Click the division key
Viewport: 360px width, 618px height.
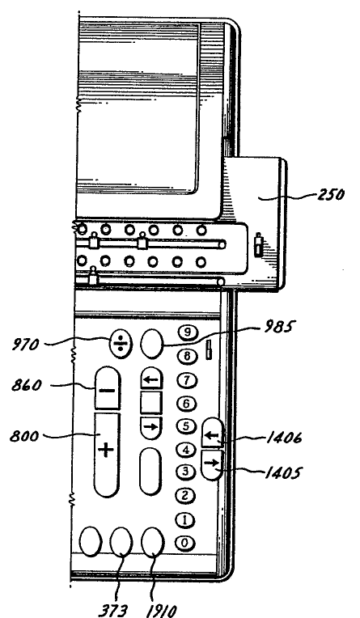[121, 344]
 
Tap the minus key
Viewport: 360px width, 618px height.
[108, 387]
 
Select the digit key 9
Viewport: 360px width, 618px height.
[188, 332]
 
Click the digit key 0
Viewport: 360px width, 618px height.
[185, 543]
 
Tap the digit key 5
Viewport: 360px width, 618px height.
[186, 426]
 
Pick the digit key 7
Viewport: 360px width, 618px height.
[186, 380]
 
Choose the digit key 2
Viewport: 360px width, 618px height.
[185, 495]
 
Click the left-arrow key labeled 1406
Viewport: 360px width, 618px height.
[213, 433]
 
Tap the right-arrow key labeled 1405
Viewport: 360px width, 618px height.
[213, 464]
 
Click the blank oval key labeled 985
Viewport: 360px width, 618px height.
[152, 344]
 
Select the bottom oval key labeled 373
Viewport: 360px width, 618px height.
[121, 542]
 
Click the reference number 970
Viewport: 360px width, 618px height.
[25, 345]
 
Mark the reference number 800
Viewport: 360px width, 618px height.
[24, 436]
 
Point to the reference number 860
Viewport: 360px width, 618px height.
[27, 385]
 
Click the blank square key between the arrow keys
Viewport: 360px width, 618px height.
[151, 402]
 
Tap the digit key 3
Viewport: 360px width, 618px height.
[185, 472]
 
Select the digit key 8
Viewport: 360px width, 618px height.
[188, 356]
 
